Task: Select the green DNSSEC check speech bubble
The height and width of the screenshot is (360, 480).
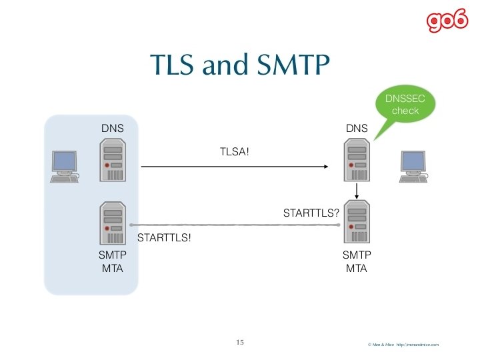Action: coord(405,105)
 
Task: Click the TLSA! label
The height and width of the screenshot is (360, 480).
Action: coord(235,153)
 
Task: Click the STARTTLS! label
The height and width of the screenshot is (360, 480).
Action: coord(164,237)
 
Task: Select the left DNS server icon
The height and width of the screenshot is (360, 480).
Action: coord(112,161)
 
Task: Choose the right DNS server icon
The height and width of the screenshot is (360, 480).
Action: coord(357,161)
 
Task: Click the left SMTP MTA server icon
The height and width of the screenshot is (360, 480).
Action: coord(112,223)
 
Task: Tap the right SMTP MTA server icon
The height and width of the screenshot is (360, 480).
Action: coord(357,223)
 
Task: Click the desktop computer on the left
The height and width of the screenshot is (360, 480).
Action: coord(65,166)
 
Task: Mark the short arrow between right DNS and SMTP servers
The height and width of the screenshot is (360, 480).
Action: coord(359,191)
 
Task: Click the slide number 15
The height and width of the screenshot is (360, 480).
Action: coord(240,343)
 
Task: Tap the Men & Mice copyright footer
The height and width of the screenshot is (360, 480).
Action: coord(403,345)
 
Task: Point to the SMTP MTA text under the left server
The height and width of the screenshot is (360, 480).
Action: coord(112,262)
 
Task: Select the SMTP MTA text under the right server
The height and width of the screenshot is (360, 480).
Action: coord(357,262)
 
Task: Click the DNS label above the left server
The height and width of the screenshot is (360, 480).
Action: coord(112,127)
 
